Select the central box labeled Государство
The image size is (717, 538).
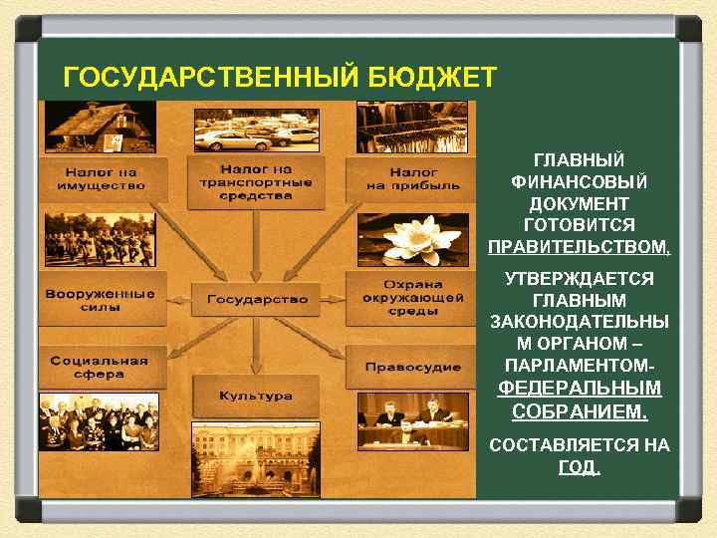pos(257,299)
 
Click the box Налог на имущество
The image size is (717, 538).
pos(97,178)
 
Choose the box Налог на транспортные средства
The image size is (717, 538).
pos(256,182)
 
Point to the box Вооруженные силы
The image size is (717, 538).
pos(100,300)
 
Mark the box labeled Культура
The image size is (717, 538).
pos(256,396)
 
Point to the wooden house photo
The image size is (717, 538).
pos(97,129)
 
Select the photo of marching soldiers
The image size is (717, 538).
pos(98,239)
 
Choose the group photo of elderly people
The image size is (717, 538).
pos(97,422)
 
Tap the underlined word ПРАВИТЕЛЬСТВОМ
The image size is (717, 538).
pos(580,246)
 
